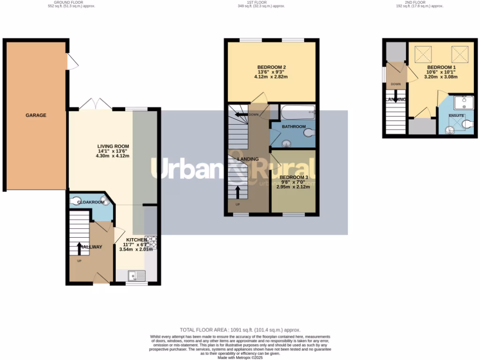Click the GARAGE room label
36,115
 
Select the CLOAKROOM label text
90,202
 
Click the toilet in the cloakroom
75,201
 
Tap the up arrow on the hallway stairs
79,248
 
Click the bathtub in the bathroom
297,111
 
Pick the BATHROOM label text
293,127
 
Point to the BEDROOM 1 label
440,67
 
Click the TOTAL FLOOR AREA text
240,330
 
